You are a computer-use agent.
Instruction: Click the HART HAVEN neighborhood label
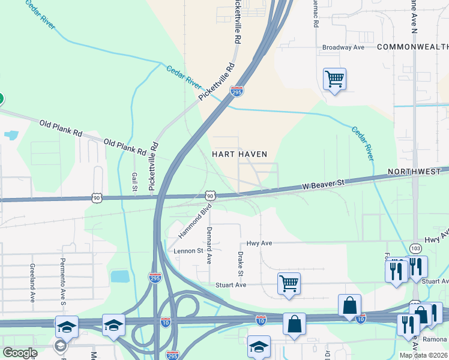(240, 154)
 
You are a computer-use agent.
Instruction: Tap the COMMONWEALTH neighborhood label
(412, 47)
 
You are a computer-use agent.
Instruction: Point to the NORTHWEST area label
(414, 172)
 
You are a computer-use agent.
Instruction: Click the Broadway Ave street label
(343, 47)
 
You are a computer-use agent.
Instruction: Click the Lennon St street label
(188, 251)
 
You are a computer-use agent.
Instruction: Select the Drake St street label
(241, 264)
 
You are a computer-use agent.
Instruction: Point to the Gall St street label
(134, 181)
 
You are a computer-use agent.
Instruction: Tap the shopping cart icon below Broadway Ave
(334, 79)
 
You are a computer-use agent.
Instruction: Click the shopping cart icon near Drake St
(289, 283)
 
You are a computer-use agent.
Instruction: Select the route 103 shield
(415, 248)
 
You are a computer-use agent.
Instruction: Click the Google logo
(20, 353)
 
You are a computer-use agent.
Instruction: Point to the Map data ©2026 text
(423, 355)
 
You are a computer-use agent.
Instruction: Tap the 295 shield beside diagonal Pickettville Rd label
(237, 92)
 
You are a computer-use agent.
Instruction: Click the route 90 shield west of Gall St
(97, 197)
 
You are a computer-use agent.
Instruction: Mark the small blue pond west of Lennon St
(120, 276)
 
